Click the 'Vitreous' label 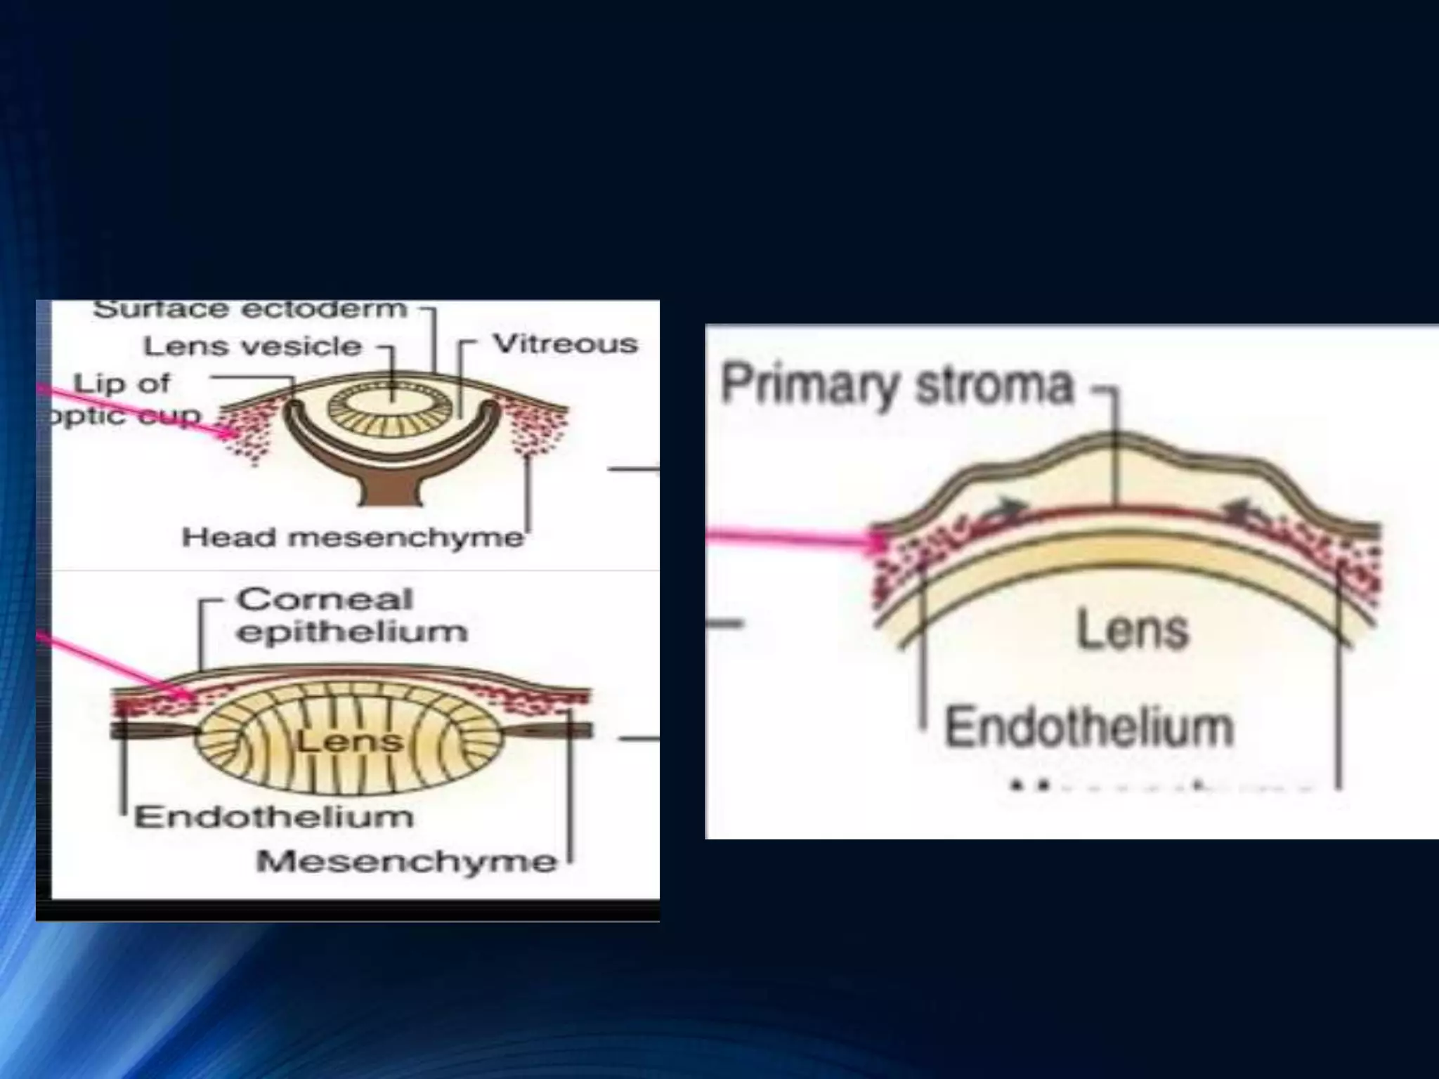566,344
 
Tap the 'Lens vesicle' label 253,346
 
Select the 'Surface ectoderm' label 250,310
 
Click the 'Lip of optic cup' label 123,399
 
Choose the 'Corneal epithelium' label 351,615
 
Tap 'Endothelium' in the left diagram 274,817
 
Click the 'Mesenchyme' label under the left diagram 406,861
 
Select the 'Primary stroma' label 897,385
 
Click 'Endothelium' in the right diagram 1089,727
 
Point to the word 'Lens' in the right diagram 1133,629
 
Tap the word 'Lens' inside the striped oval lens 349,741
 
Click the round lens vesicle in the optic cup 391,407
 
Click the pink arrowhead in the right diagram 878,542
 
